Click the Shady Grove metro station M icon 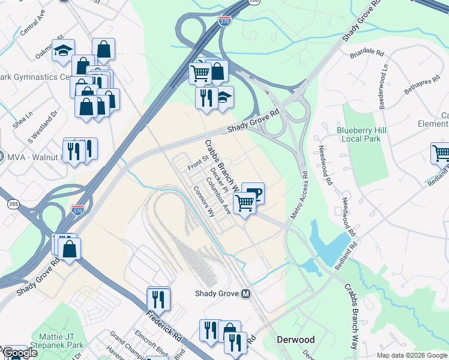tap(246, 294)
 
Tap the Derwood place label tap(295, 340)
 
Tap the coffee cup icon tap(253, 193)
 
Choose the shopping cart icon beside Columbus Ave tap(244, 204)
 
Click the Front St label tap(196, 162)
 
